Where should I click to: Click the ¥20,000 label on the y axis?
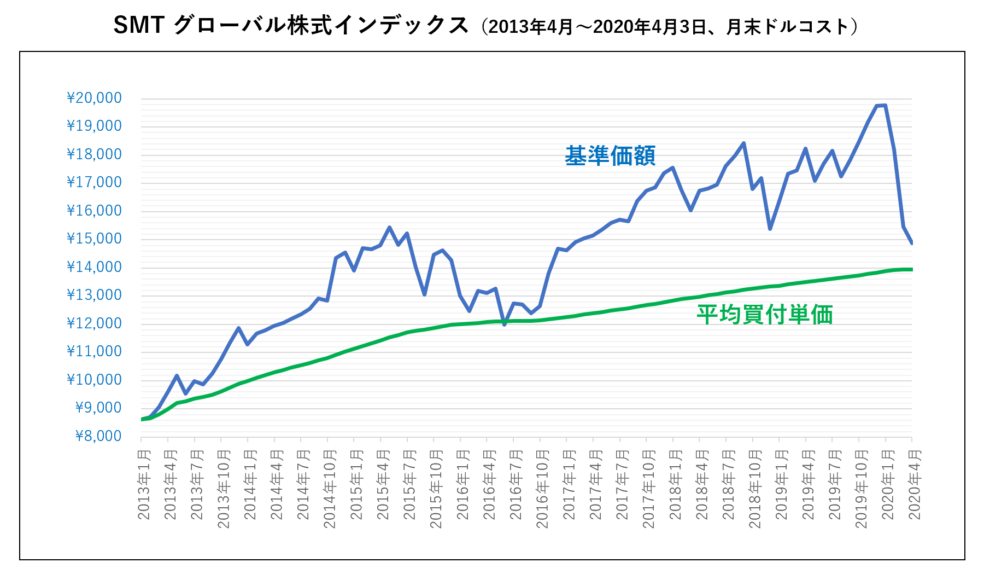[94, 98]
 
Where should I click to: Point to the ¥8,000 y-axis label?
[98, 436]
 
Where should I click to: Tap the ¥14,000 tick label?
[94, 267]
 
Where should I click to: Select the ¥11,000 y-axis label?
[94, 351]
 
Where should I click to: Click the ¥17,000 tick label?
[94, 183]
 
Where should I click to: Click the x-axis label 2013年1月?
[144, 484]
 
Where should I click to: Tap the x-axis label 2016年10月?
[542, 488]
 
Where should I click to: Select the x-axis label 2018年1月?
[675, 484]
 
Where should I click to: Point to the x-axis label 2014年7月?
[303, 484]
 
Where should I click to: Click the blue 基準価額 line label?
[610, 156]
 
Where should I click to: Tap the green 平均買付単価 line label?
[764, 315]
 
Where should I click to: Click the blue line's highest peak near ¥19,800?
[885, 105]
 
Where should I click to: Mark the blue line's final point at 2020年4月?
[911, 243]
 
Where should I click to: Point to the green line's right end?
[911, 269]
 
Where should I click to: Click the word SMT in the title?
[139, 25]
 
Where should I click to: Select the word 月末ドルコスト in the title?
[787, 27]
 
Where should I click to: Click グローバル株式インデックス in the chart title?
[321, 25]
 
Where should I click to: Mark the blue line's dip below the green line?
[504, 324]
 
